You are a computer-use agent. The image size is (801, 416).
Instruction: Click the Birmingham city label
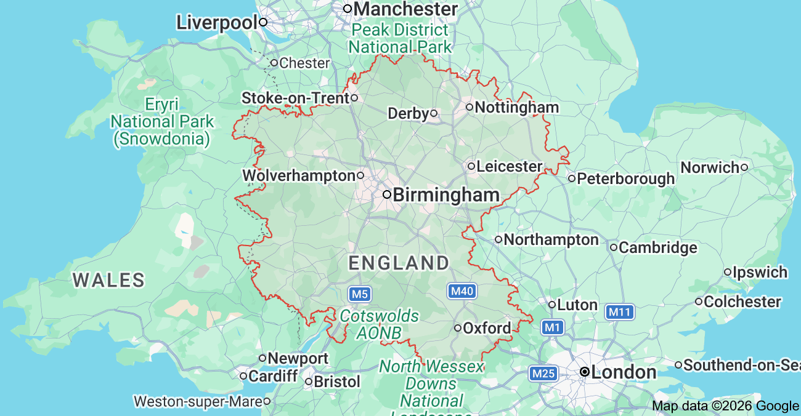(445, 195)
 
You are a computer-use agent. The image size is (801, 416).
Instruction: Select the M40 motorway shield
(461, 291)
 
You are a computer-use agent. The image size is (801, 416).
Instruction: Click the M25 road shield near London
(543, 373)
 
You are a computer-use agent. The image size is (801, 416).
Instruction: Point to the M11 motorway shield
(619, 312)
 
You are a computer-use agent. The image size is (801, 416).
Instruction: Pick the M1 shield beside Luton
(552, 327)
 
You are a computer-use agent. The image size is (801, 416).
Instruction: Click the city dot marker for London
(584, 372)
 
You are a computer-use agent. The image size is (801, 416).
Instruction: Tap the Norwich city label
(709, 167)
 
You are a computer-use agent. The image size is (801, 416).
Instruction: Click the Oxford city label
(487, 328)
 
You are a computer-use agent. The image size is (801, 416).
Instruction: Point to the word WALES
(108, 281)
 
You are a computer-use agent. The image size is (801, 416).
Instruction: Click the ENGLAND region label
(399, 263)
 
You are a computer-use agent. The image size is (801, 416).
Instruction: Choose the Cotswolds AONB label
(379, 324)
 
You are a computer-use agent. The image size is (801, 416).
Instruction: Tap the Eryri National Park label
(161, 121)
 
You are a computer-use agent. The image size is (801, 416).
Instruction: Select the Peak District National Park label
(400, 38)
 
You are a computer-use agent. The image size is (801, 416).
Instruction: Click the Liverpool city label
(216, 23)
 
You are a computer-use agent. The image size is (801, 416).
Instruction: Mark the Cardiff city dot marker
(244, 375)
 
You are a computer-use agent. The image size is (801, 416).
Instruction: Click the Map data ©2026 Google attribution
(725, 406)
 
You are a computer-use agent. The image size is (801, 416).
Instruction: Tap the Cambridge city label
(657, 248)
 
